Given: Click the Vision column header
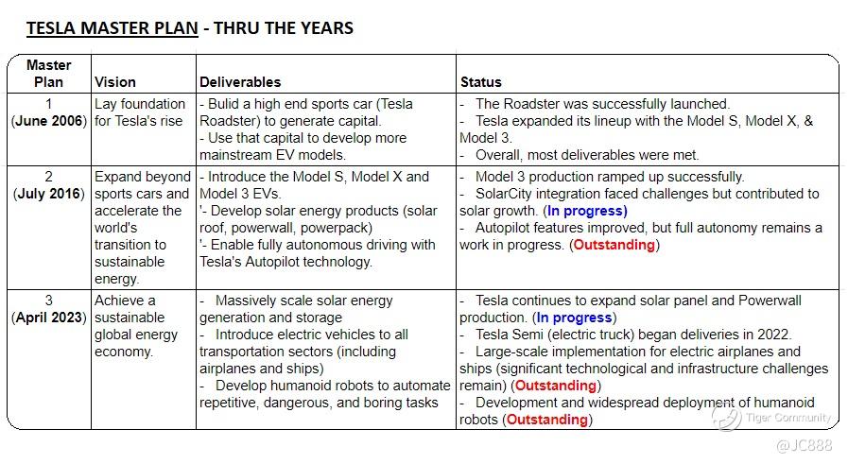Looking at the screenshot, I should [114, 82].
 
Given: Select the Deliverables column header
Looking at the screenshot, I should [240, 82].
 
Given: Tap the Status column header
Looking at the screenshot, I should [480, 82].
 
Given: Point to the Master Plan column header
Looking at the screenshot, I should [49, 74].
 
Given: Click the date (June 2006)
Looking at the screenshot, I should [49, 121].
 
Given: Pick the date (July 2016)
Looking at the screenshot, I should [49, 194].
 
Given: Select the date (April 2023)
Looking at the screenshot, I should [49, 318].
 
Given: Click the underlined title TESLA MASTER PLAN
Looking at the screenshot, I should [112, 27].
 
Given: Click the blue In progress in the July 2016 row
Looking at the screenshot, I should [586, 211].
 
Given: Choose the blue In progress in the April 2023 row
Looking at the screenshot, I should [575, 318].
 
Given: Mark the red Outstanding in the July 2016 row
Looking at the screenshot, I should [614, 245].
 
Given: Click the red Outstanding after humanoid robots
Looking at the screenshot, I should [547, 420].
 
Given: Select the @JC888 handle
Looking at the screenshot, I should [804, 445].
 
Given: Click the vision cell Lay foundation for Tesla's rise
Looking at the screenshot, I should [140, 112].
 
